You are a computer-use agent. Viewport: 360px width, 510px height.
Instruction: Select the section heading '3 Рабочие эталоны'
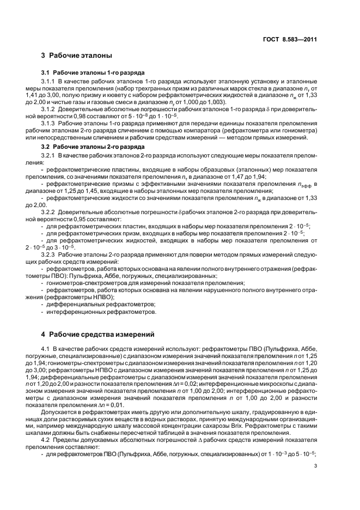click(77, 55)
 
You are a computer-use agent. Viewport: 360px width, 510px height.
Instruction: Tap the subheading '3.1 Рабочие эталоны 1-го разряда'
click(93, 72)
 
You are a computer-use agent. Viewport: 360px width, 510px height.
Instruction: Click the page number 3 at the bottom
click(315, 465)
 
